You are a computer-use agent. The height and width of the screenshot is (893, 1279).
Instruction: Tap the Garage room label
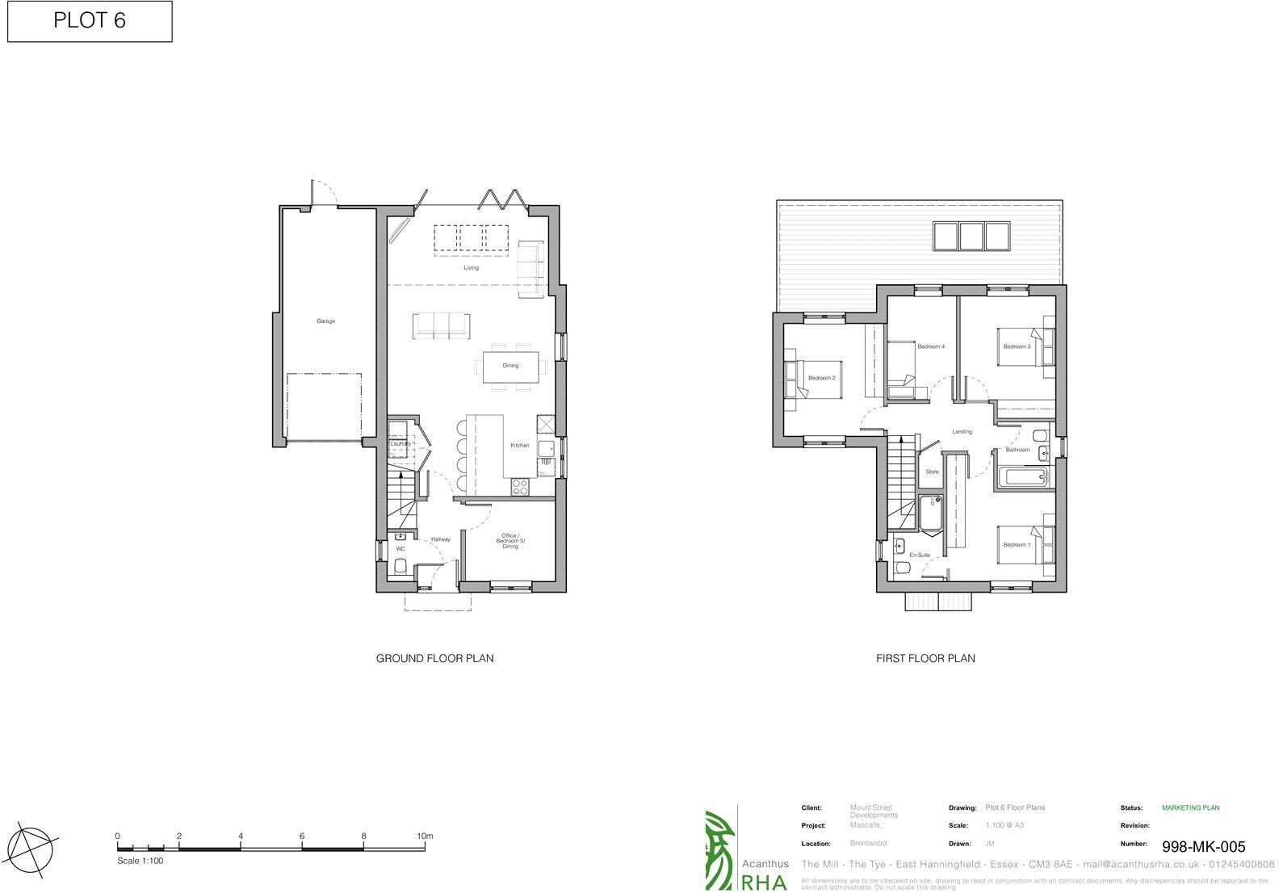(325, 321)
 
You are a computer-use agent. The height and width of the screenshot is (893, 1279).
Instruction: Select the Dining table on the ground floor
(510, 366)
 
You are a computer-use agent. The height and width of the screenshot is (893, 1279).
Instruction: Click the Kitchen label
(519, 446)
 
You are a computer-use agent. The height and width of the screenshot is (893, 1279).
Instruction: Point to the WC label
(400, 550)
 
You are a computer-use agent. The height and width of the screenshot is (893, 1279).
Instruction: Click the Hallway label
(440, 539)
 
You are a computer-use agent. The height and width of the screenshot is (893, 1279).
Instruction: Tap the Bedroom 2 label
(821, 378)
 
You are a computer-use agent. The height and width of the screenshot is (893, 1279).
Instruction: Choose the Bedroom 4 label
(930, 346)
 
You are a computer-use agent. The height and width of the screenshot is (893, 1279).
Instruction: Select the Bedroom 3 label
(1017, 346)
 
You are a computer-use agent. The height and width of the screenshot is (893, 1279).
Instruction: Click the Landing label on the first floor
(962, 431)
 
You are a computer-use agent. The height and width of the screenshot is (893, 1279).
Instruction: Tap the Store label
(932, 472)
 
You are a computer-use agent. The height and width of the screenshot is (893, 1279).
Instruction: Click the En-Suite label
(920, 556)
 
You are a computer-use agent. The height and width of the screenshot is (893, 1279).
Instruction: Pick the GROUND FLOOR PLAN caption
(434, 658)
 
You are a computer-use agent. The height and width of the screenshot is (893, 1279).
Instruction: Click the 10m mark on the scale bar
(425, 836)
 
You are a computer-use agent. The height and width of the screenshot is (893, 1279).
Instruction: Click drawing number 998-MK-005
(1203, 847)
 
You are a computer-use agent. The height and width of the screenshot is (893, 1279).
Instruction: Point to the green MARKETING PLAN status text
(1190, 807)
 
